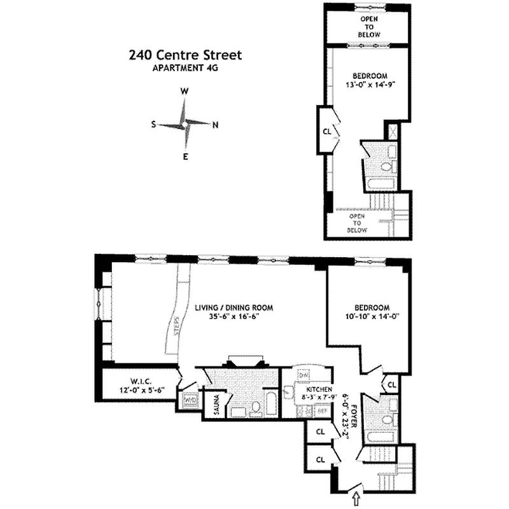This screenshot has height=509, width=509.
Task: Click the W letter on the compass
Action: [x=185, y=92]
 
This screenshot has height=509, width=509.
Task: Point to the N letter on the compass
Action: [x=215, y=125]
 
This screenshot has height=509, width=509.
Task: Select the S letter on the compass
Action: [x=153, y=125]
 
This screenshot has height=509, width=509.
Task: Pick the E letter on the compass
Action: [x=185, y=157]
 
